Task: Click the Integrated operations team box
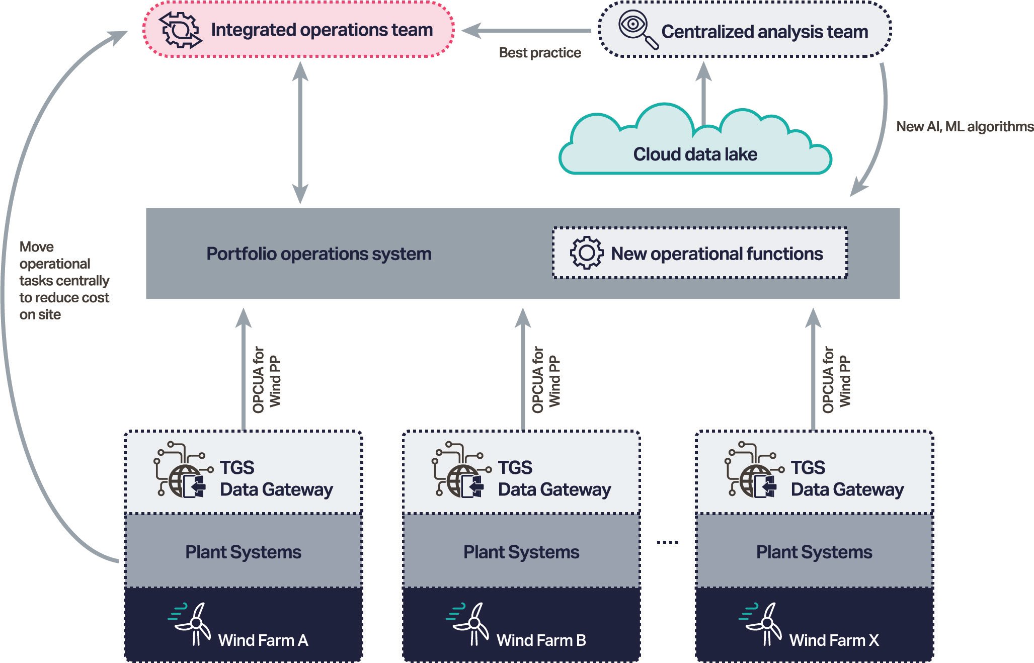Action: pyautogui.click(x=298, y=30)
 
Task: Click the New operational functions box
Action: pyautogui.click(x=699, y=253)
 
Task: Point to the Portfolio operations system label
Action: pyautogui.click(x=319, y=254)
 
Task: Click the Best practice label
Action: pyautogui.click(x=539, y=53)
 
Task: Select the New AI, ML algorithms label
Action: pyautogui.click(x=965, y=126)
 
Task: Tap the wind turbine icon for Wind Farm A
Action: pyautogui.click(x=190, y=624)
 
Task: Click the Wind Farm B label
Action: pyautogui.click(x=541, y=640)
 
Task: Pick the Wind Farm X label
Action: pyautogui.click(x=834, y=640)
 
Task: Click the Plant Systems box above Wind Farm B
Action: pyautogui.click(x=521, y=552)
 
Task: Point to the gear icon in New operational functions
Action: pyautogui.click(x=586, y=253)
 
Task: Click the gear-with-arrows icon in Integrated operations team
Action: pyautogui.click(x=180, y=30)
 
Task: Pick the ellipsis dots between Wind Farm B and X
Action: pyautogui.click(x=668, y=542)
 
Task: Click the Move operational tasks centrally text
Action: pyautogui.click(x=64, y=280)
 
